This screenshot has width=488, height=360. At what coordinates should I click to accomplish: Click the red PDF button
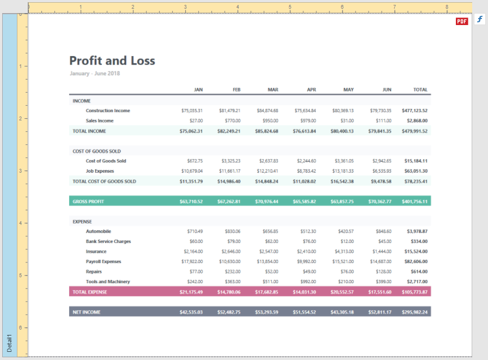462,21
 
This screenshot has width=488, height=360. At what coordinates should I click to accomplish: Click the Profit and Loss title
112,60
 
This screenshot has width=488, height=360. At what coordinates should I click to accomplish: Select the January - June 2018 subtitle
95,74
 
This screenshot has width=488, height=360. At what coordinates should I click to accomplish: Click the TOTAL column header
420,89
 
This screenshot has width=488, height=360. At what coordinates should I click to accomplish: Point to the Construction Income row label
108,111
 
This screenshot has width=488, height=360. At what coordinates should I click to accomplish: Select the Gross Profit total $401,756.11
414,202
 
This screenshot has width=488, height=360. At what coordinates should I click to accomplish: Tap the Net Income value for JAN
191,312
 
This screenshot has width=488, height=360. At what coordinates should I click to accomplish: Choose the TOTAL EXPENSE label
90,292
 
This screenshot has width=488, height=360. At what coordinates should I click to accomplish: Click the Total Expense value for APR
304,292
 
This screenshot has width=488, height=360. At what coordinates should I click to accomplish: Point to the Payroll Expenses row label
103,261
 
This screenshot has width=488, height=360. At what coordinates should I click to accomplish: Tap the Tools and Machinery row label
108,282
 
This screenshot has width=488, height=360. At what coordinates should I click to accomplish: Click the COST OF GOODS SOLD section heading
97,151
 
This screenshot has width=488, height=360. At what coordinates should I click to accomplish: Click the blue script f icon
480,20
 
